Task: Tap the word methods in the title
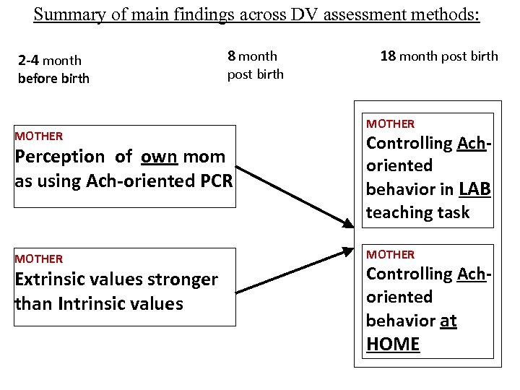pos(444,14)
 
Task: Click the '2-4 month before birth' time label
pos(53,69)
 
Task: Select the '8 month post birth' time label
pos(255,64)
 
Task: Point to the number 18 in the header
pos(388,56)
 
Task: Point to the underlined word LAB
pos(474,188)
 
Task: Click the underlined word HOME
pos(393,344)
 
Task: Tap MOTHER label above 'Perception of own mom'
pos(39,136)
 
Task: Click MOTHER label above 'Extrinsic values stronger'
pos(39,259)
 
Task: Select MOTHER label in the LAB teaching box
pos(391,124)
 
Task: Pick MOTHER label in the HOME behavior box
pos(391,254)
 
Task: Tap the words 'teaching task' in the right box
pos(417,212)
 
